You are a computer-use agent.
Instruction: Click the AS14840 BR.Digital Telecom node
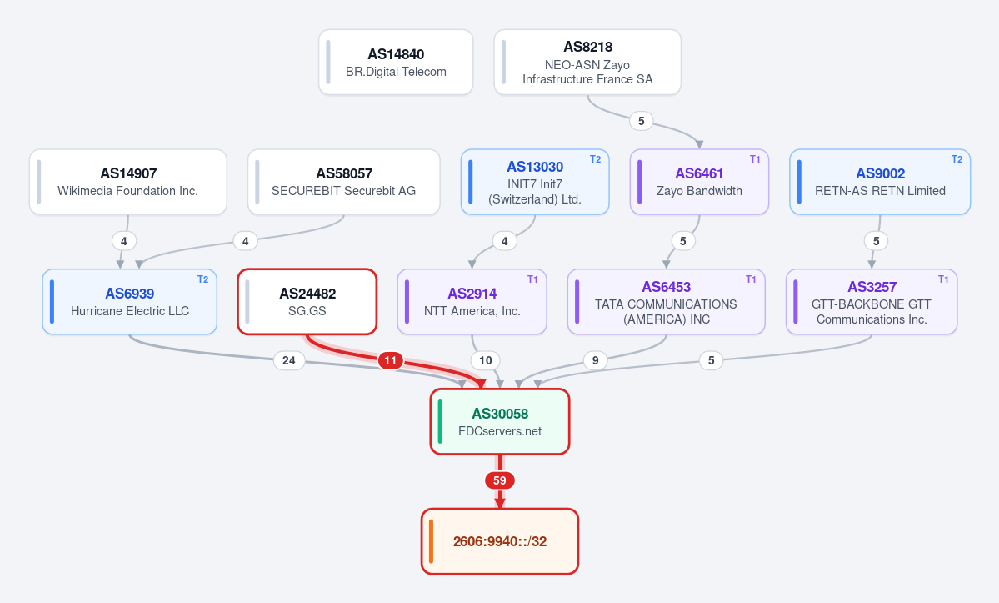396,63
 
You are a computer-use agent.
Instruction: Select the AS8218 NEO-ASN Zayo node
587,63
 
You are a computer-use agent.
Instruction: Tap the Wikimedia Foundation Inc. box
128,182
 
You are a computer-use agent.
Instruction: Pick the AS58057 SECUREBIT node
344,182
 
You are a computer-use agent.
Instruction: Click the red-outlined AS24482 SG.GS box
307,302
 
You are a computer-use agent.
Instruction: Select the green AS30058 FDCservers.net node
500,421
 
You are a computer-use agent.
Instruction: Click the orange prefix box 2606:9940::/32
500,541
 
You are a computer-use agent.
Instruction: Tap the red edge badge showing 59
500,480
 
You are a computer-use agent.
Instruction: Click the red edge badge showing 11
391,361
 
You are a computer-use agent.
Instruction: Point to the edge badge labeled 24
288,361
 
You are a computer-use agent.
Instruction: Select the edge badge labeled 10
486,361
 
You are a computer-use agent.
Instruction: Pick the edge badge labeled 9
595,361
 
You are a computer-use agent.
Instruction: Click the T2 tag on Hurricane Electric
202,279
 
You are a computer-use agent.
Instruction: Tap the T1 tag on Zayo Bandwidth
755,159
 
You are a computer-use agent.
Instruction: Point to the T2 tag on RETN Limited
957,159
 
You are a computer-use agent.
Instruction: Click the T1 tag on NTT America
532,279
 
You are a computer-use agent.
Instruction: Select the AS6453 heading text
667,287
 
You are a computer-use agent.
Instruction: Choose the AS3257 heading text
872,287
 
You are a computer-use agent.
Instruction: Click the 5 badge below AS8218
641,121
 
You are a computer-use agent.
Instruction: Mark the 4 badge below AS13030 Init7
505,241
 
